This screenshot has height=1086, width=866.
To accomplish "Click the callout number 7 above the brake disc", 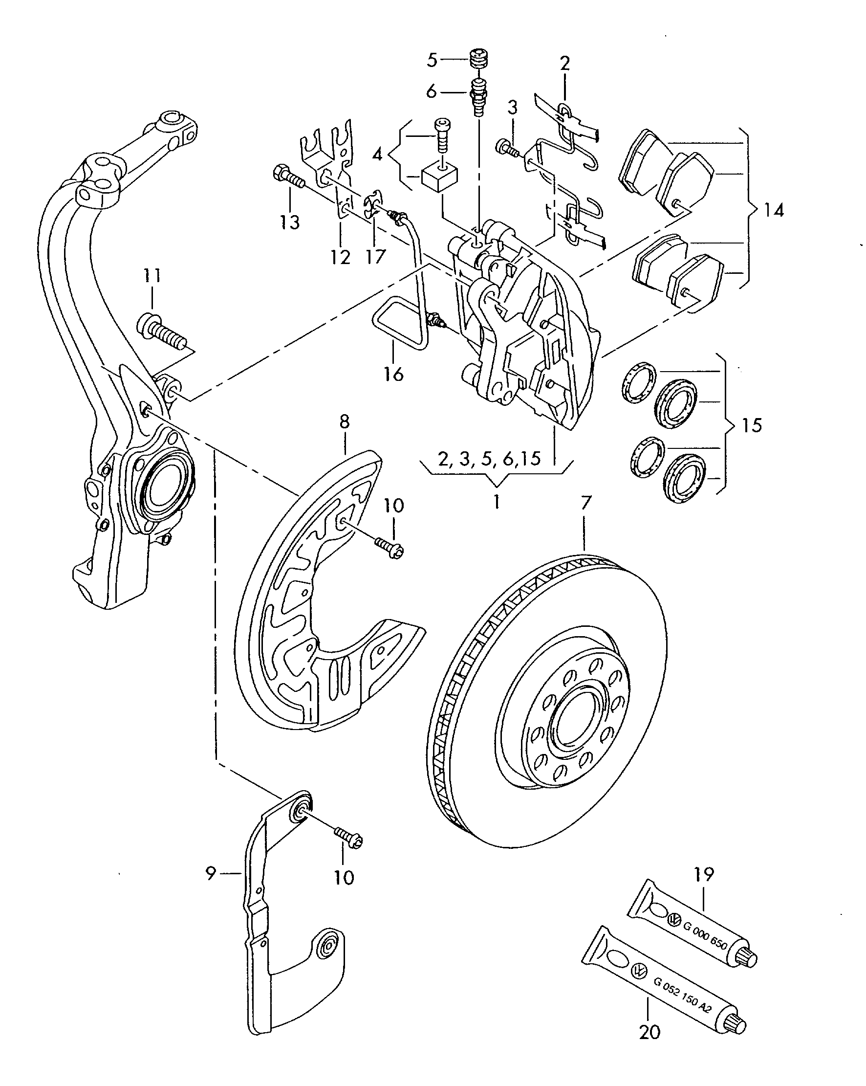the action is pos(585,503).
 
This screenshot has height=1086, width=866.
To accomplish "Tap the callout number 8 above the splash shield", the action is pos(345,421).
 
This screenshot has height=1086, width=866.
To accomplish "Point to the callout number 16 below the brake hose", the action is pos(393,374).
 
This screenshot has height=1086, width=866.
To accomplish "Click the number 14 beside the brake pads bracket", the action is pos(773,210).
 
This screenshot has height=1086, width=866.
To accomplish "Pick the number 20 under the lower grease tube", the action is pos(649,1032).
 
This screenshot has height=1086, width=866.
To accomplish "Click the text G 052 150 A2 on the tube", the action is pos(682,1005).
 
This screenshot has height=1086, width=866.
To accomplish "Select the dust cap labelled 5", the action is pos(479,59).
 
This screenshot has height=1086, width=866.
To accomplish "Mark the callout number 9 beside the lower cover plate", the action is pos(211,873).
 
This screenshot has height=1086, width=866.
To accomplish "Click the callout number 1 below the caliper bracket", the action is pos(497,502).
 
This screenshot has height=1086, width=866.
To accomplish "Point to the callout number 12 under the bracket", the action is pos(340,257).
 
